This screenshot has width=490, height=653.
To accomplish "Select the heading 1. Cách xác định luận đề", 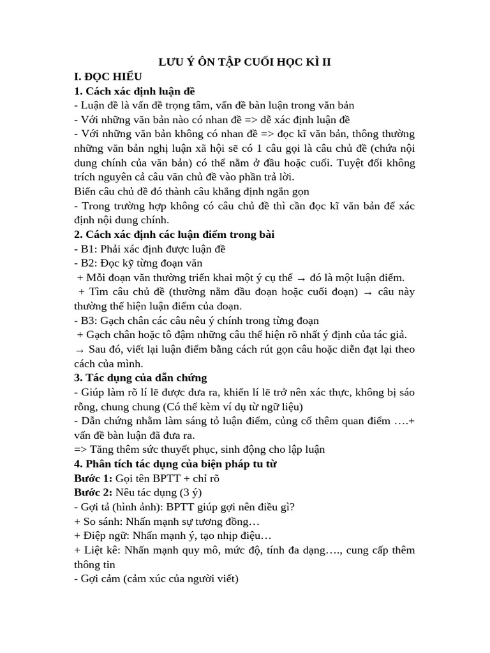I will coord(135,91).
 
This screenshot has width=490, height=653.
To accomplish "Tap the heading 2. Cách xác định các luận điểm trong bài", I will coord(174,235).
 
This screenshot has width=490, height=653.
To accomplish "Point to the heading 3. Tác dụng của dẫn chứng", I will coord(140,378).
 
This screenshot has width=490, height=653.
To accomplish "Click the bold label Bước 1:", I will coord(93,478).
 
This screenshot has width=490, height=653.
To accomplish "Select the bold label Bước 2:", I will coord(93,492).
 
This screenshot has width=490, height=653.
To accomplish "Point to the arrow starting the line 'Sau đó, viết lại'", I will coord(80,350).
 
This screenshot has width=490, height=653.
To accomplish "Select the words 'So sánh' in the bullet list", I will coord(101,522).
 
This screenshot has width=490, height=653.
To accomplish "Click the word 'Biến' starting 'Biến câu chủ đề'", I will coord(85,191).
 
